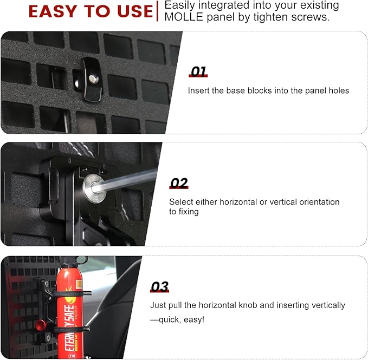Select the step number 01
coord(198,72)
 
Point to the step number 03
coord(160,286)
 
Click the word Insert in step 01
coord(199,90)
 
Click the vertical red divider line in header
coord(158,11)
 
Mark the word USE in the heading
coord(130,11)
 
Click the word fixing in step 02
coord(188,212)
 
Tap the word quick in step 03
coord(169,319)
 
